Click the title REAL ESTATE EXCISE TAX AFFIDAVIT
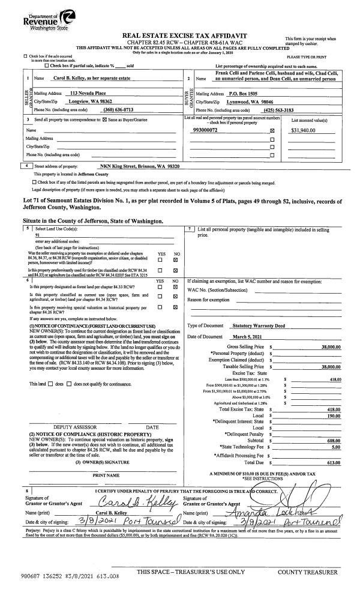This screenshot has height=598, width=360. pyautogui.click(x=181, y=37)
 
